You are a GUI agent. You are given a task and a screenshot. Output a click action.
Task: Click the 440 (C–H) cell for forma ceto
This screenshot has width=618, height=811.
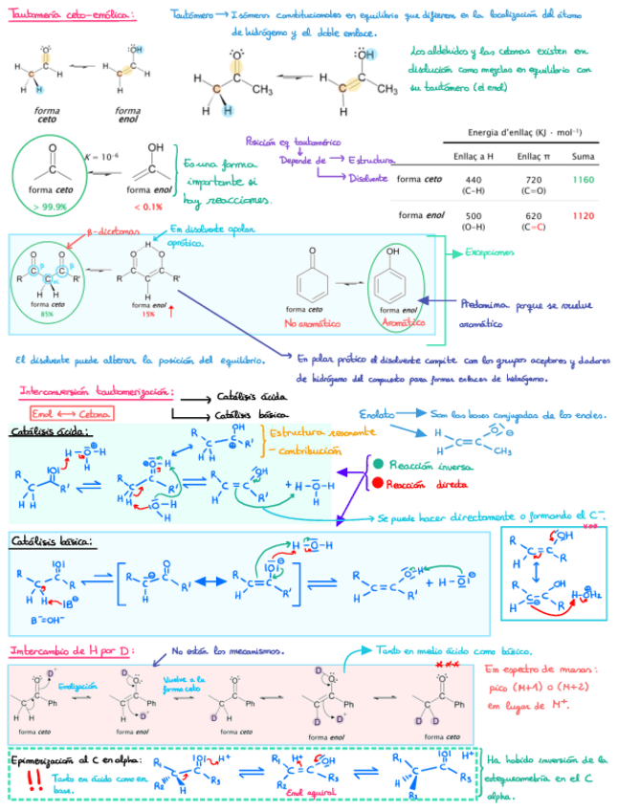pos(473,185)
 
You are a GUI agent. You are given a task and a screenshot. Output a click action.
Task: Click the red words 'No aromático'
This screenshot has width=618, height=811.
pos(309,323)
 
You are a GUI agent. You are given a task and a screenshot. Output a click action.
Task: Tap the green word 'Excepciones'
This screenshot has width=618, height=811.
pos(490,252)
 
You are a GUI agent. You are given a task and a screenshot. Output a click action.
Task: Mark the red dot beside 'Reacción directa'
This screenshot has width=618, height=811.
pos(379,482)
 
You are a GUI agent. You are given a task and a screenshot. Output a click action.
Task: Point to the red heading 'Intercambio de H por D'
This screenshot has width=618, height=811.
pos(72,650)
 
